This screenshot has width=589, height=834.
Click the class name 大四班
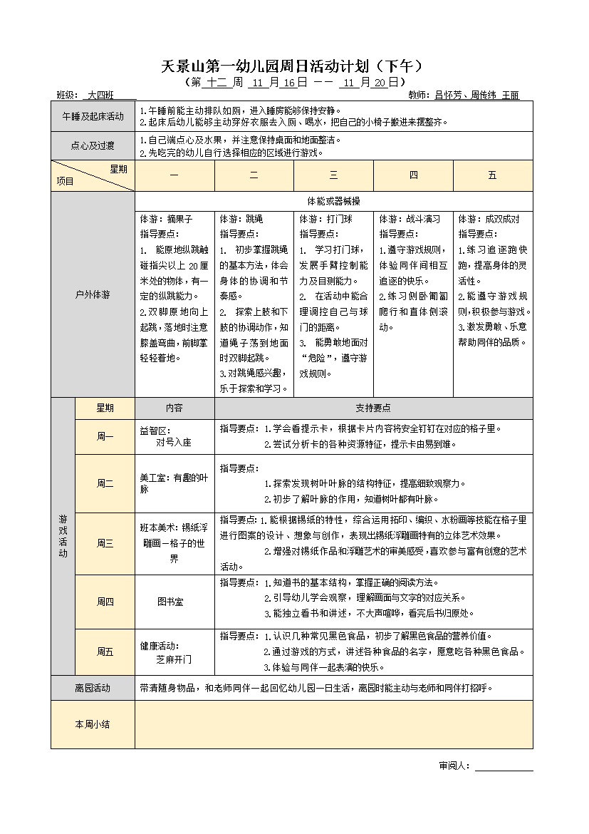(x=99, y=95)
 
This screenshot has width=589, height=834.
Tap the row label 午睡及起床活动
(x=93, y=116)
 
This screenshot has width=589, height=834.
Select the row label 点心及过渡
(x=93, y=146)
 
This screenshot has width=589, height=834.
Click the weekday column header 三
(x=333, y=175)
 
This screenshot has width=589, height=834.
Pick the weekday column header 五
(x=492, y=175)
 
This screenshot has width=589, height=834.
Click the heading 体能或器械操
(x=333, y=200)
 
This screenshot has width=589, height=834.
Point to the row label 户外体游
(x=93, y=294)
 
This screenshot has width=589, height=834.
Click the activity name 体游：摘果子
(x=166, y=219)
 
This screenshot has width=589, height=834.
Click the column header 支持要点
(x=373, y=408)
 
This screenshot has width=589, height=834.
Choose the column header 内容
(x=174, y=408)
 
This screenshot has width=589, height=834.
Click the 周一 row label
(x=105, y=436)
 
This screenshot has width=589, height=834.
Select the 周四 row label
(x=105, y=602)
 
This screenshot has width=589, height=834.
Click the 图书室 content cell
(x=170, y=602)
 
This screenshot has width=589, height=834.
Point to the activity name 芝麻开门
(x=174, y=659)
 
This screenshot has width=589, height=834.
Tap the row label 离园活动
(x=93, y=688)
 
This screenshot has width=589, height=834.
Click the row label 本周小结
(x=93, y=724)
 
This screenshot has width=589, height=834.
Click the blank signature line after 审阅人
(x=504, y=766)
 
